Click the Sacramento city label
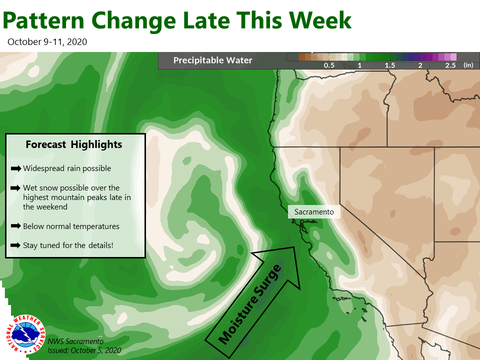pyautogui.click(x=314, y=212)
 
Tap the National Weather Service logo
pyautogui.click(x=26, y=334)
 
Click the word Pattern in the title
pyautogui.click(x=43, y=21)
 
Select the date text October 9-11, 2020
pyautogui.click(x=47, y=42)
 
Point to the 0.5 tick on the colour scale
pyautogui.click(x=329, y=65)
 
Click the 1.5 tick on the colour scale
pyautogui.click(x=389, y=65)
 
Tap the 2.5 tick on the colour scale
pyautogui.click(x=450, y=65)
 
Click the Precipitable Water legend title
pyautogui.click(x=213, y=60)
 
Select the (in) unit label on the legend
pyautogui.click(x=468, y=65)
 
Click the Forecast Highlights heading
pyautogui.click(x=74, y=144)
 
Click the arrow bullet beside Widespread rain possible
pyautogui.click(x=16, y=168)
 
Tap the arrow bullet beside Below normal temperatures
pyautogui.click(x=16, y=226)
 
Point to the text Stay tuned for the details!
pyautogui.click(x=68, y=245)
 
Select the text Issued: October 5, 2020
pyautogui.click(x=84, y=350)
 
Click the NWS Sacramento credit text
pyautogui.click(x=75, y=341)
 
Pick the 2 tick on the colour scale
pyautogui.click(x=420, y=65)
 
